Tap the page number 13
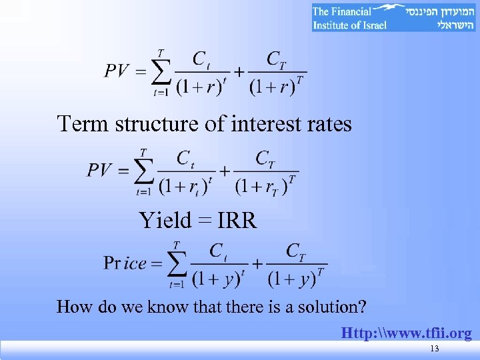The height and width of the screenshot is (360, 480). pos(435,349)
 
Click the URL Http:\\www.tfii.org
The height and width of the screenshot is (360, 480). pos(406,333)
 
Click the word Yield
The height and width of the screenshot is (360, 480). pos(165,220)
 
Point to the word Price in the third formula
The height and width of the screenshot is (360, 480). pos(125,263)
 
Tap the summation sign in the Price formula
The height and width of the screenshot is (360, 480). pos(177,265)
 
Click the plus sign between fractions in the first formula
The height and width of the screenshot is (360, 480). pos(239,71)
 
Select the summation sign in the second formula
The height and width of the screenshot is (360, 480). pos(143,171)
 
